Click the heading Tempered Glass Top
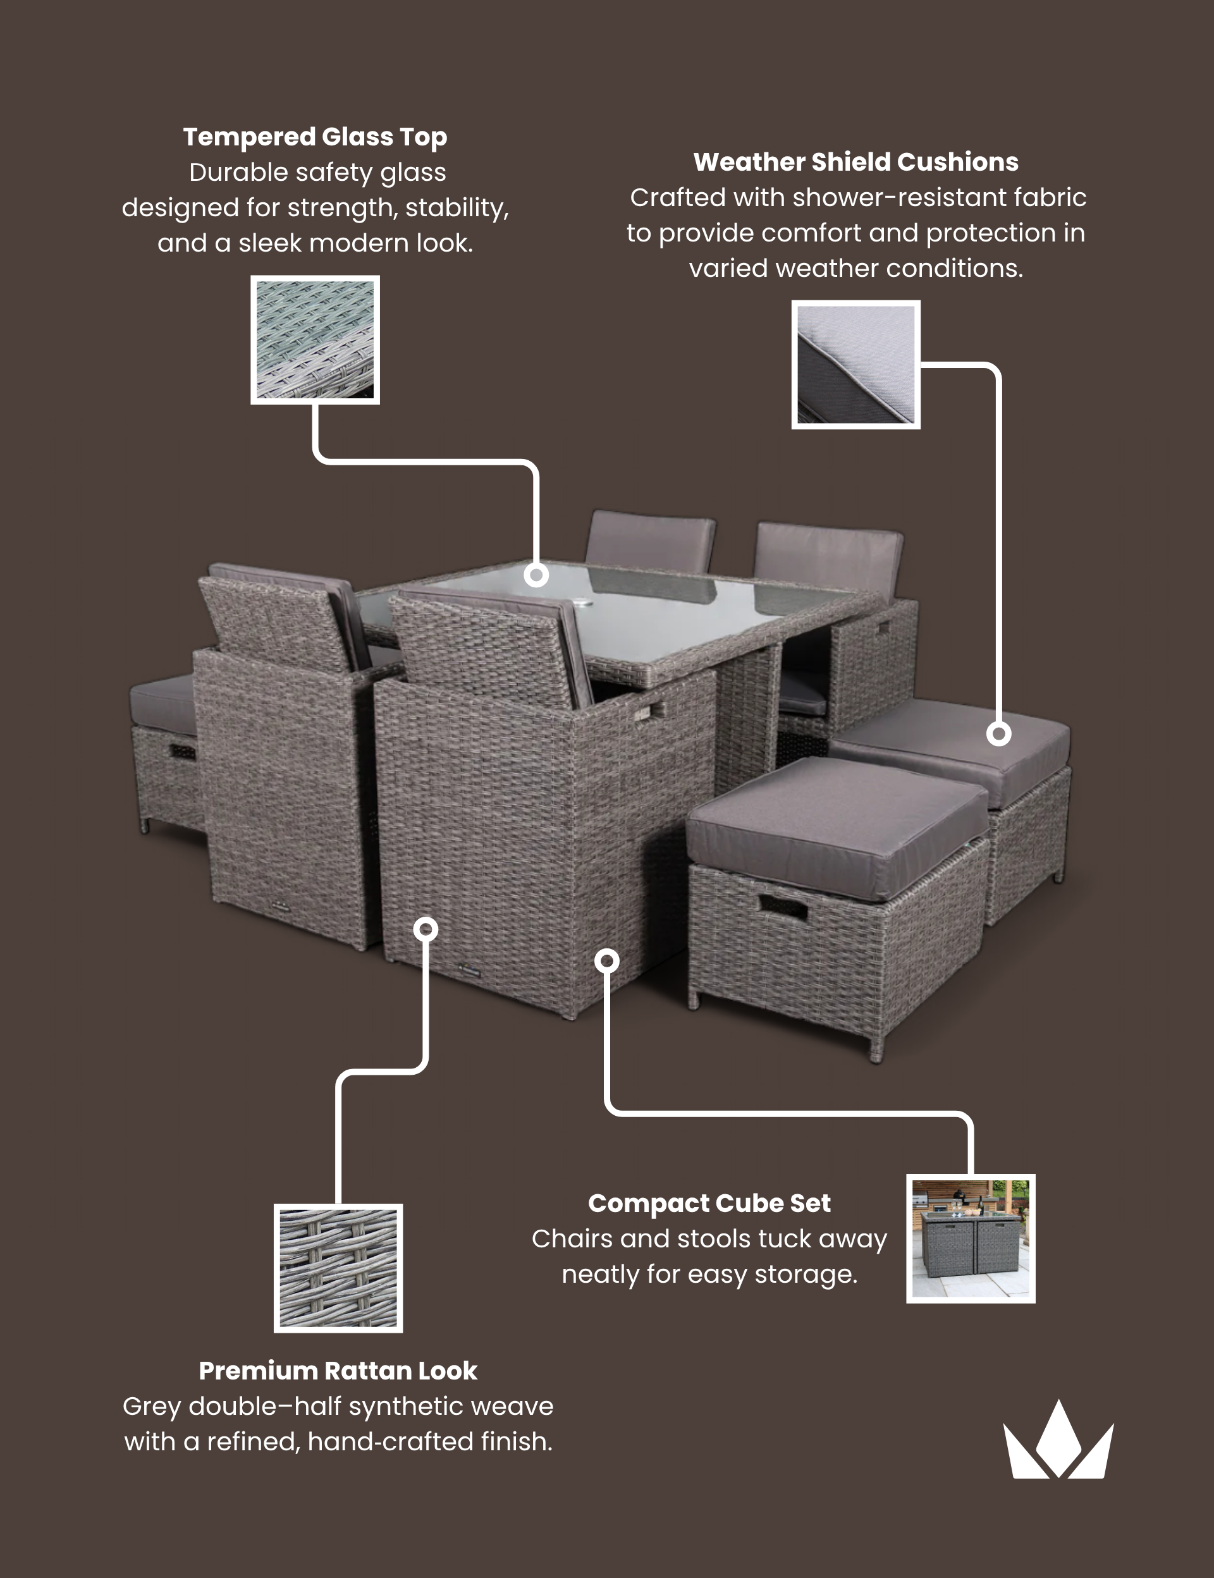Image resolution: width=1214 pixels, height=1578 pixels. point(315,137)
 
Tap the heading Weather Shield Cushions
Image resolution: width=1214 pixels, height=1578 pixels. point(855,162)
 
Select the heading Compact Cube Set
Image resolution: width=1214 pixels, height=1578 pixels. point(709,1203)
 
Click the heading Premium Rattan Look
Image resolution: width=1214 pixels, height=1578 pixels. point(338,1371)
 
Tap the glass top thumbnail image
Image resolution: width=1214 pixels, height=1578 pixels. point(315,339)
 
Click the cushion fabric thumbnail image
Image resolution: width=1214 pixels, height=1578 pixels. point(855,364)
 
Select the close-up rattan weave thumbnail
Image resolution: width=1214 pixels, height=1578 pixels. point(338,1268)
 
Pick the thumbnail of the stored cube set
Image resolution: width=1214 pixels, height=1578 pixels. point(971,1239)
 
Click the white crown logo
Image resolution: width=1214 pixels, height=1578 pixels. point(1058,1441)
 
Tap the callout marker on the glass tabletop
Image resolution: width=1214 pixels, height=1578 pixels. point(536,575)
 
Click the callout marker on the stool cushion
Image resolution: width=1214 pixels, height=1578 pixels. point(998,734)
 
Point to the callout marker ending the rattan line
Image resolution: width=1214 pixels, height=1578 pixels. point(426,929)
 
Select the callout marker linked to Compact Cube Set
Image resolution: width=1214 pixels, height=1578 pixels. point(607,960)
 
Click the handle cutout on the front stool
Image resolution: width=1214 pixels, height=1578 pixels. point(783,906)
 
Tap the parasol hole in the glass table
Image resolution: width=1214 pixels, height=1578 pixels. point(582,602)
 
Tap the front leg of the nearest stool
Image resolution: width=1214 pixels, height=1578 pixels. point(876,1048)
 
